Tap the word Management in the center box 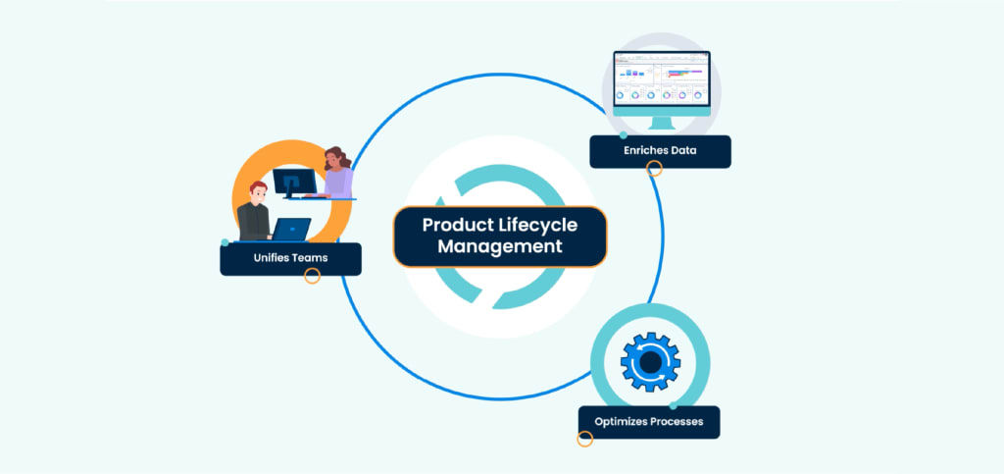point(500,247)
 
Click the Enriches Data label point(660,152)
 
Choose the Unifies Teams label point(290,259)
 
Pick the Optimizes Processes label point(648,422)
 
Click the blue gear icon point(650,363)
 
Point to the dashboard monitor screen point(661,79)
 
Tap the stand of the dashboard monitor point(662,122)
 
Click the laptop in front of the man point(291,230)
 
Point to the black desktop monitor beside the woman point(294,182)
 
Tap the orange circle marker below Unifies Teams point(313,277)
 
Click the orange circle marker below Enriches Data point(655,169)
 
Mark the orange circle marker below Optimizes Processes point(585,439)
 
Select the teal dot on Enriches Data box point(624,135)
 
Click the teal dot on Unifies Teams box point(226,242)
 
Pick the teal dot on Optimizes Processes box point(673,405)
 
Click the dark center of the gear point(650,363)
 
